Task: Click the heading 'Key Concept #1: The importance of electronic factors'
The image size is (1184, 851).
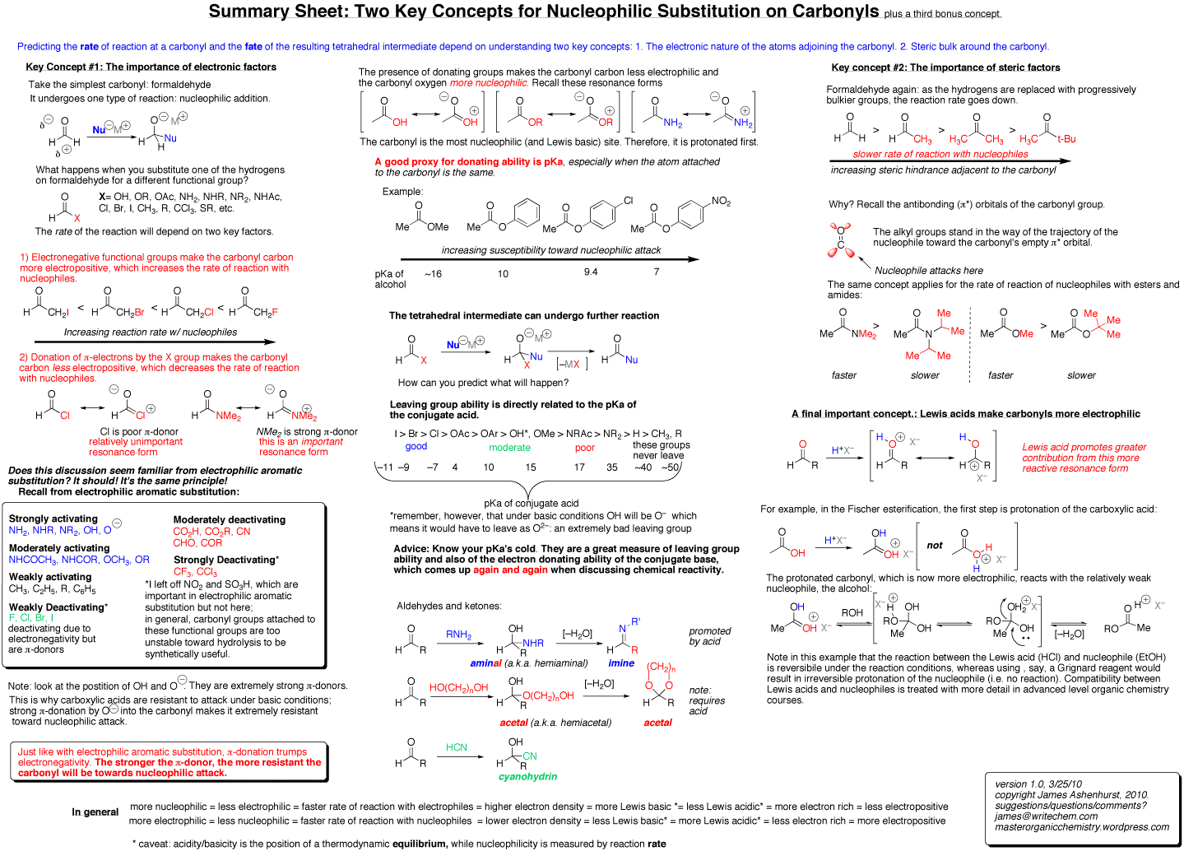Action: click(x=151, y=67)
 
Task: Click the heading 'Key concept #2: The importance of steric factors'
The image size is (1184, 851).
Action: click(x=945, y=67)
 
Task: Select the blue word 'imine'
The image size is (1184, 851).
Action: click(x=621, y=663)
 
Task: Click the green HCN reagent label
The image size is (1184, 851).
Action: click(x=456, y=747)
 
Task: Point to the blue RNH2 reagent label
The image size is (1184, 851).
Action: click(x=458, y=635)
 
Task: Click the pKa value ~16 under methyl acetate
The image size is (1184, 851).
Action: click(x=433, y=274)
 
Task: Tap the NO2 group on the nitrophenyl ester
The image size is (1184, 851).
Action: click(x=721, y=202)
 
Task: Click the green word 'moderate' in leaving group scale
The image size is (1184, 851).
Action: click(x=509, y=448)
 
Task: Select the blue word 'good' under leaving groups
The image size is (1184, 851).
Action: click(x=416, y=447)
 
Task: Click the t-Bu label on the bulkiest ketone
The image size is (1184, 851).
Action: click(x=1066, y=139)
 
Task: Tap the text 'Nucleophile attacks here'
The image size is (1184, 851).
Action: click(x=929, y=271)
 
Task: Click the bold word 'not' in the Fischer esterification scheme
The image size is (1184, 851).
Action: click(x=935, y=546)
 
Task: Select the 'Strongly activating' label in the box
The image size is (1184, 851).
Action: click(x=53, y=519)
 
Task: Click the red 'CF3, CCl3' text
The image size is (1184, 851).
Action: click(x=195, y=571)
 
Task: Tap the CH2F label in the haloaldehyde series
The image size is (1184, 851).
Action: click(x=265, y=313)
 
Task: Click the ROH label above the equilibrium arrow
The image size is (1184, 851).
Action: click(x=852, y=612)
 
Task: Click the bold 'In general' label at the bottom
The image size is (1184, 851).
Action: click(x=95, y=811)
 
